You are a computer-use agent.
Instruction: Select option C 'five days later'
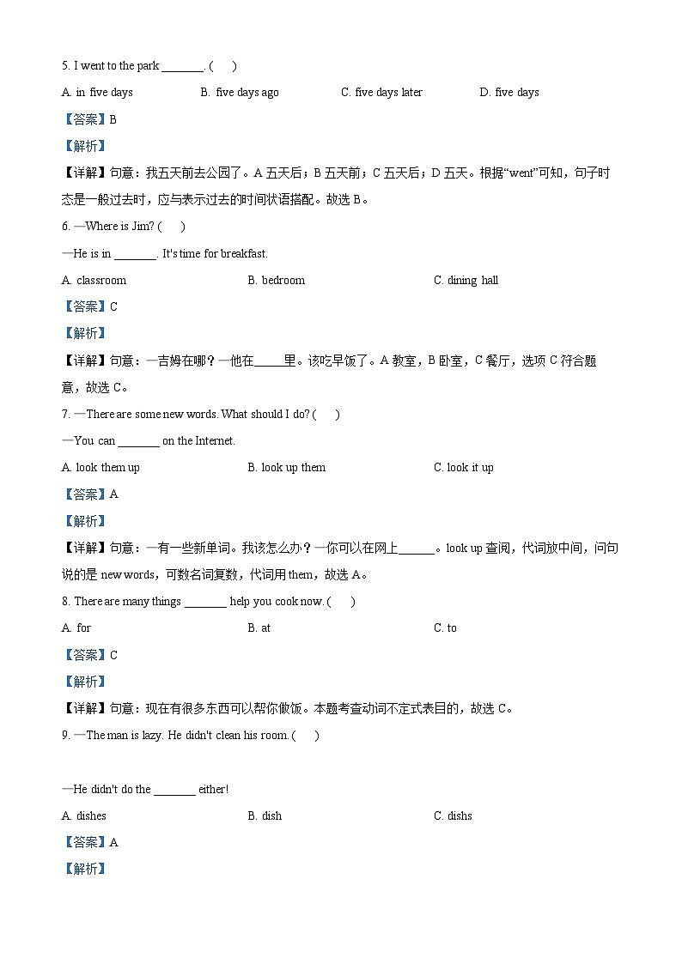[x=381, y=93]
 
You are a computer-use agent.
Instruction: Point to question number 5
[x=65, y=66]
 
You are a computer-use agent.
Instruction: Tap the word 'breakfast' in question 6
[x=244, y=254]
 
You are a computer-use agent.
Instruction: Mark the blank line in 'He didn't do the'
[x=174, y=791]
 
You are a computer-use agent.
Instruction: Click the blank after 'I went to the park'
[x=182, y=68]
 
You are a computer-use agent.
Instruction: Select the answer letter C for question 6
[x=114, y=307]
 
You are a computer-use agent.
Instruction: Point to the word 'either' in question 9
[x=212, y=790]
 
